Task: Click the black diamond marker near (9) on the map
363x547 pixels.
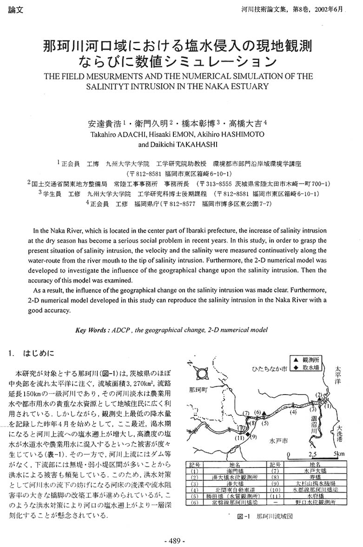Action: [x=248, y=436]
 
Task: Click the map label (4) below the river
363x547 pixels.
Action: [x=293, y=411]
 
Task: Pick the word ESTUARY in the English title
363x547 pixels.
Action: [x=249, y=86]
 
